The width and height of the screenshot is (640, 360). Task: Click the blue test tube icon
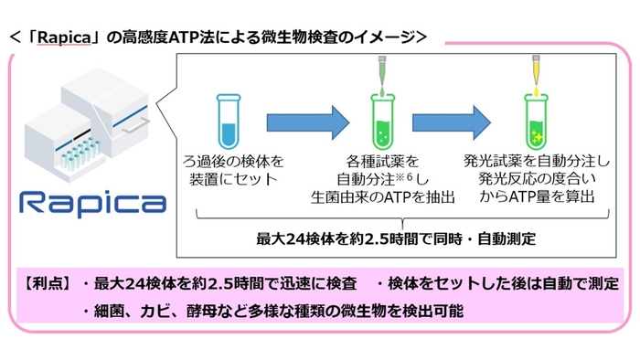point(229,119)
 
